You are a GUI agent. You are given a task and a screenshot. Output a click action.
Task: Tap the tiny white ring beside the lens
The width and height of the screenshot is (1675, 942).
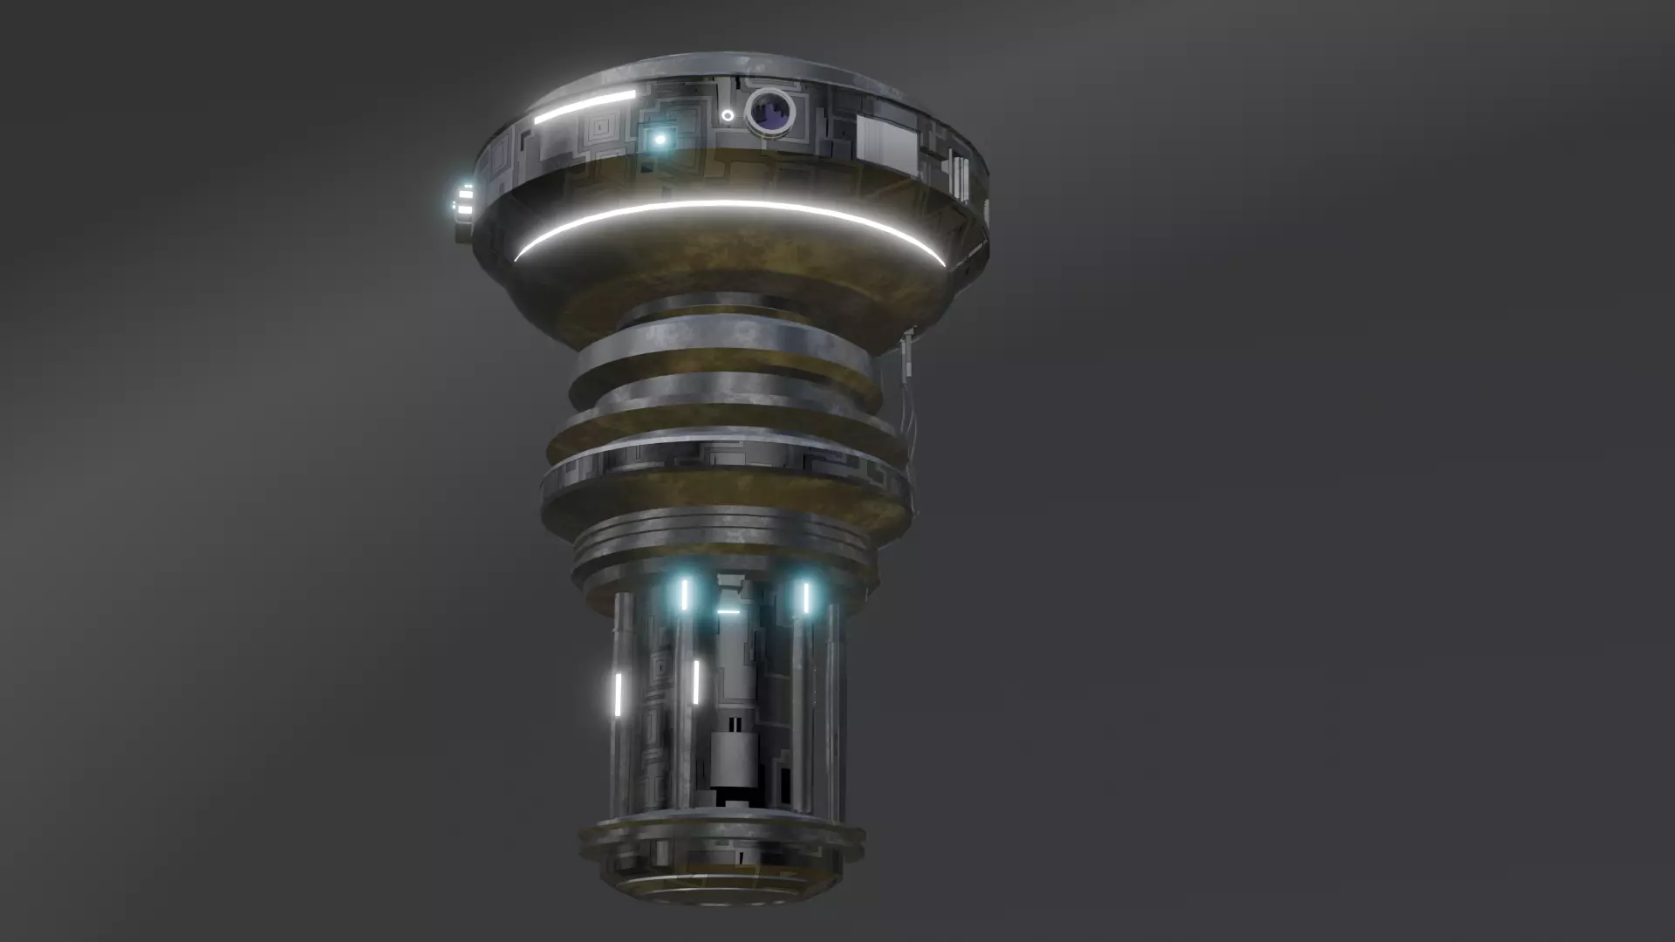pyautogui.click(x=727, y=115)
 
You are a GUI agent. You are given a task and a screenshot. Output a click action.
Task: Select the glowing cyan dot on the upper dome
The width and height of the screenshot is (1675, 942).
pyautogui.click(x=660, y=140)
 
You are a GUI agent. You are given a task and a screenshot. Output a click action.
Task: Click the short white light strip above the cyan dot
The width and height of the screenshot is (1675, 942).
pyautogui.click(x=585, y=106)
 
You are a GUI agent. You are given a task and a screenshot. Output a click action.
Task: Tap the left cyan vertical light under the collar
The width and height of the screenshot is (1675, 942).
pyautogui.click(x=685, y=595)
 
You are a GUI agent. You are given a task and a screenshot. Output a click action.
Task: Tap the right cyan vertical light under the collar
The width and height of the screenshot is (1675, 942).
pyautogui.click(x=806, y=597)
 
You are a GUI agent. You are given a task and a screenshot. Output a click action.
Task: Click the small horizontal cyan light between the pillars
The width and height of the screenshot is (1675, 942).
pyautogui.click(x=728, y=612)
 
